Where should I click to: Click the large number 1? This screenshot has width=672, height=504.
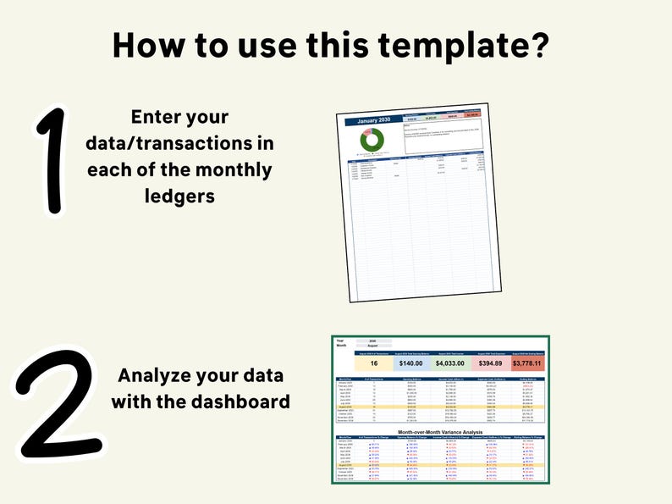point(52,161)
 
